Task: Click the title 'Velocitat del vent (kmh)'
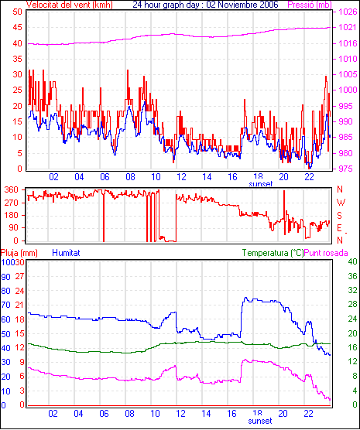(69, 5)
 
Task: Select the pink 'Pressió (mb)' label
(310, 5)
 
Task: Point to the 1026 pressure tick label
(348, 12)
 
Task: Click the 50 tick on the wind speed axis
(18, 12)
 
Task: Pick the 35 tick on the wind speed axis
(18, 59)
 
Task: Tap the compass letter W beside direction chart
(341, 203)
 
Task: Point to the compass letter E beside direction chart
(339, 228)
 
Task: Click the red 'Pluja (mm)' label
(19, 253)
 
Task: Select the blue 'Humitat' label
(66, 253)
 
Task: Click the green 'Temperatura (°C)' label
(273, 253)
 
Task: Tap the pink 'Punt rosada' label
(326, 253)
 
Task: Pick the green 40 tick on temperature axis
(352, 262)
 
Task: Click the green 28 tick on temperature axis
(352, 305)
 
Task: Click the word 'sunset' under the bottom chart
(260, 421)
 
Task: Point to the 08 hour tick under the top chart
(130, 177)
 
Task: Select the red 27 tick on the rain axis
(20, 276)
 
